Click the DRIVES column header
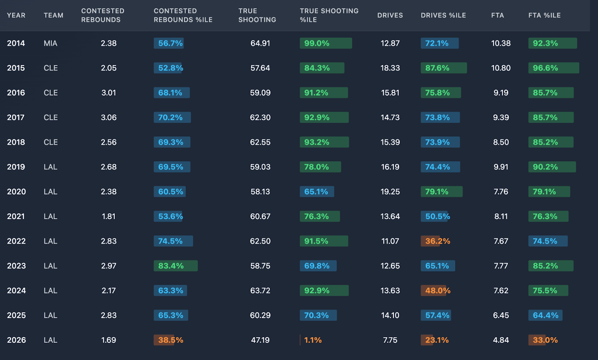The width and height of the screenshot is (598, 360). (390, 15)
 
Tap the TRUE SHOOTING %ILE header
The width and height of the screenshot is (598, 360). (329, 15)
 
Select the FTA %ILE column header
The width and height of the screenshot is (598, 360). (544, 15)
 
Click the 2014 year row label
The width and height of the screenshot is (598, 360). (16, 43)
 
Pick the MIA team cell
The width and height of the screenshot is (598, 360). (50, 43)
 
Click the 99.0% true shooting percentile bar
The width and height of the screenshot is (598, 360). (326, 43)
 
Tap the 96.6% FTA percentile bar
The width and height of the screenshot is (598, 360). (554, 68)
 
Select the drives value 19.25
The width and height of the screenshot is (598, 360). (390, 192)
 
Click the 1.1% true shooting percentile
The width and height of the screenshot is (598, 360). (312, 340)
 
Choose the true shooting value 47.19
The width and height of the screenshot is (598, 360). (260, 340)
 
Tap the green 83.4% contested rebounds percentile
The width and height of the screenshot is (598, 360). (175, 266)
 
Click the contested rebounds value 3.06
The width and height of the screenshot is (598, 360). (109, 118)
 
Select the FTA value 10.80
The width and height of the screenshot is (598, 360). (501, 68)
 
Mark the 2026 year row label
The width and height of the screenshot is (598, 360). (16, 340)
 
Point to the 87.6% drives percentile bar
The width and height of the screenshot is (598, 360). (444, 68)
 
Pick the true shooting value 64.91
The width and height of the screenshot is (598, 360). (260, 43)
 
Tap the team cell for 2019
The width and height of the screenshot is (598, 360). (50, 167)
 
